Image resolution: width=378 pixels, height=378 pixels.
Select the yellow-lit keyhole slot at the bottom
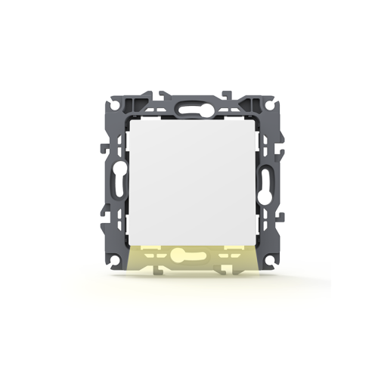tap(189, 256)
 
